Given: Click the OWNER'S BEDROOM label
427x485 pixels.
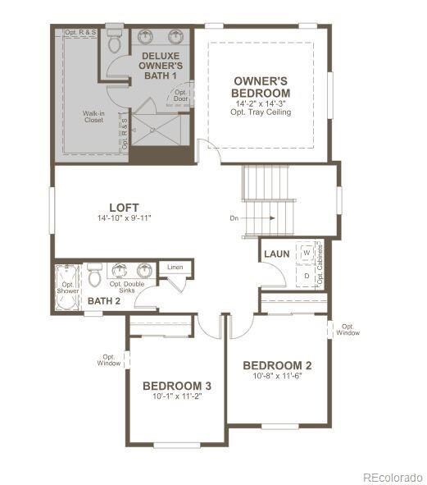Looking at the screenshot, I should click(x=261, y=87).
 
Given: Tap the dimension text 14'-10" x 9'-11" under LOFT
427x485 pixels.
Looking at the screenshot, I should click(x=124, y=218).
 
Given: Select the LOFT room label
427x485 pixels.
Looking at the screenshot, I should click(x=124, y=208).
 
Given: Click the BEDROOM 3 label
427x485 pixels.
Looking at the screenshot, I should click(x=177, y=386).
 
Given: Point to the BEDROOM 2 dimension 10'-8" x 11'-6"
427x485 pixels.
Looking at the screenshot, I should click(x=277, y=376).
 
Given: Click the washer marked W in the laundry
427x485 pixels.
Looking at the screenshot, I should click(x=307, y=254).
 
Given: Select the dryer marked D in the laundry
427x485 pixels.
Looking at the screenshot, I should click(x=307, y=275).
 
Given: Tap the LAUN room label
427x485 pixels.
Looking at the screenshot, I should click(x=276, y=254).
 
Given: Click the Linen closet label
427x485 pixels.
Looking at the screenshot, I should click(x=175, y=268).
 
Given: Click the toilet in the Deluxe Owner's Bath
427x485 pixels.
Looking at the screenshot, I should click(x=114, y=40).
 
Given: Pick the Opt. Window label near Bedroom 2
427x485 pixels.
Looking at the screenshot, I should click(x=348, y=329).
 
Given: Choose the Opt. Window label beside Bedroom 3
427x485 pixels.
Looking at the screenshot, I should click(x=110, y=359).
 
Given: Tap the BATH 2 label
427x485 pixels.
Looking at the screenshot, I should click(x=104, y=301).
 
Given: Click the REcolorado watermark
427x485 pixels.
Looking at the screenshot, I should click(x=393, y=476).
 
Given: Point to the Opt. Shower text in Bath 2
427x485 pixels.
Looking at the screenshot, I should click(x=67, y=286).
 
